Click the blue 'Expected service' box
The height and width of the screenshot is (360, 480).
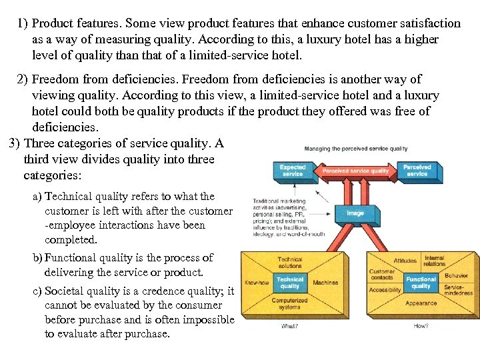292,171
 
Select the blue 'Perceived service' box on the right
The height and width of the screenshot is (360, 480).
417,171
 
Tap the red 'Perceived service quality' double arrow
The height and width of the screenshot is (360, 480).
355,171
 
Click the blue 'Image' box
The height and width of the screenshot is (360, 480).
355,213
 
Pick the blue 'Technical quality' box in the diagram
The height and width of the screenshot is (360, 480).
290,283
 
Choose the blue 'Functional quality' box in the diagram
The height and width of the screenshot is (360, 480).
421,283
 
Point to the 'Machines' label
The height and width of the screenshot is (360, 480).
325,283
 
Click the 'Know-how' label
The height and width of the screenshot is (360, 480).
257,283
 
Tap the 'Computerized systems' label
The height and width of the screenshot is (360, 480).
289,304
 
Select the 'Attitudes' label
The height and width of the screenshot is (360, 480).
405,261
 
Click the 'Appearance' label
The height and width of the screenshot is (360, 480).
421,303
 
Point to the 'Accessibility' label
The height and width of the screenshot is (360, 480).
385,290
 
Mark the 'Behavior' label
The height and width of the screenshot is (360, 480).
456,275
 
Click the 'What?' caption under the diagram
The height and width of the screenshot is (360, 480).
289,327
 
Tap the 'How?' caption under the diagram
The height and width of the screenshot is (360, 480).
421,327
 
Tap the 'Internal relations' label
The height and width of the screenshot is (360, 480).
434,261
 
